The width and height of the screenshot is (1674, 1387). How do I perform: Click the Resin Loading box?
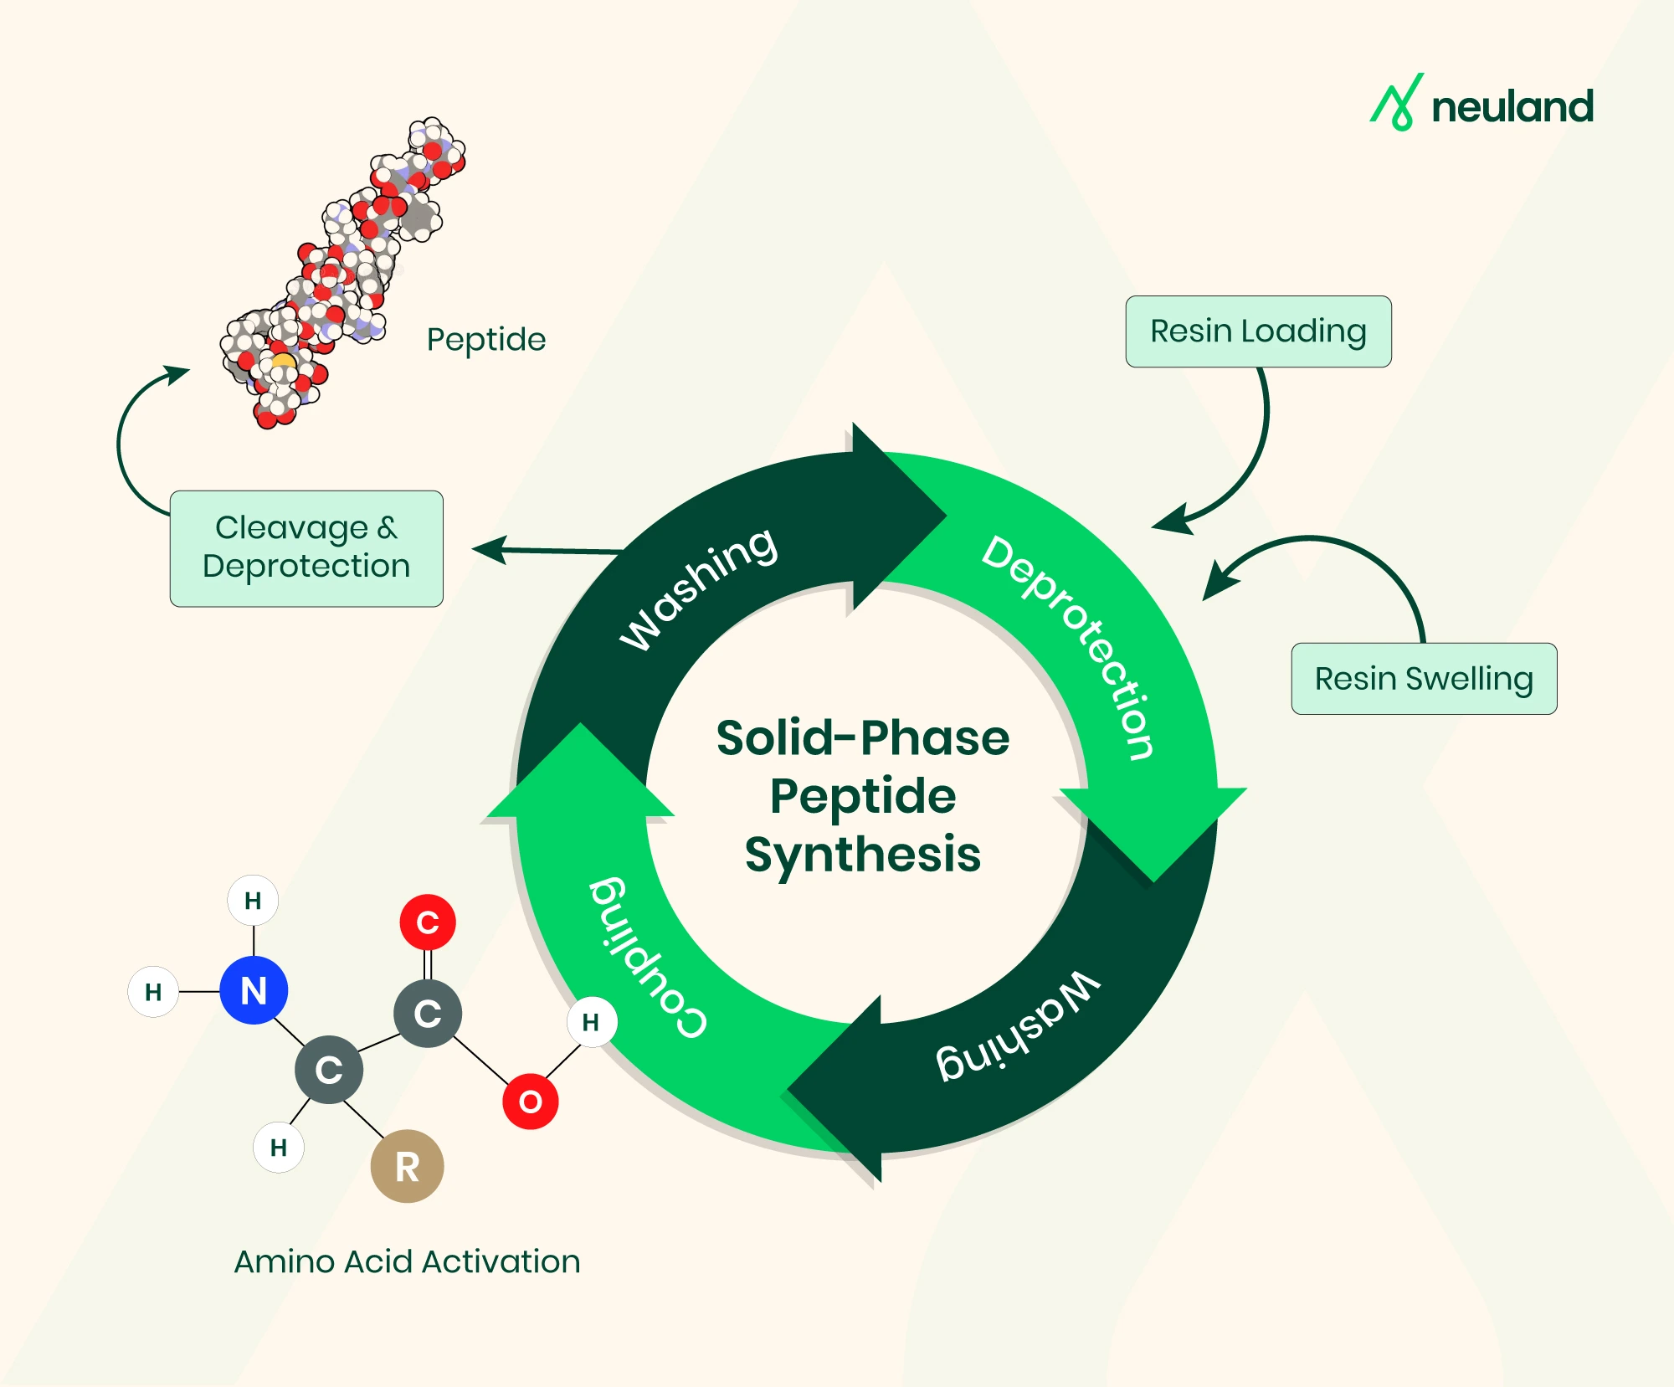click(1258, 331)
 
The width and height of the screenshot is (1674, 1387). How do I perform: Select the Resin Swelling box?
click(1424, 679)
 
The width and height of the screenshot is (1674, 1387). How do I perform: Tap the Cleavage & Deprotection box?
click(306, 548)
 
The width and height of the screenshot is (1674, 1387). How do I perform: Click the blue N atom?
click(254, 990)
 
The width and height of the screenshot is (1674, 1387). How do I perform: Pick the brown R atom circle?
click(407, 1166)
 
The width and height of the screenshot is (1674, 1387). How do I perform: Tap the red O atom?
click(530, 1101)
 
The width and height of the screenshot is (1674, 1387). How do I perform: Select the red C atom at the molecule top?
click(428, 922)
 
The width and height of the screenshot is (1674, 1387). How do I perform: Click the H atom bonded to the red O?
click(591, 1022)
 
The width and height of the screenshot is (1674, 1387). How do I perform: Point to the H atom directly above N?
click(253, 901)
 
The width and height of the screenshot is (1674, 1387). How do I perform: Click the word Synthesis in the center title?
click(863, 855)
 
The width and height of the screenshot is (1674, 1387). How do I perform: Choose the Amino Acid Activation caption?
click(407, 1261)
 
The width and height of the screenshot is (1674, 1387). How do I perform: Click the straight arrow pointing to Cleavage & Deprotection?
click(548, 550)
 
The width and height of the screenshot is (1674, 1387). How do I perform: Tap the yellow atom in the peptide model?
click(283, 362)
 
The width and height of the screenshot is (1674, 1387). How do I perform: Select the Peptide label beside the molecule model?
click(486, 340)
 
